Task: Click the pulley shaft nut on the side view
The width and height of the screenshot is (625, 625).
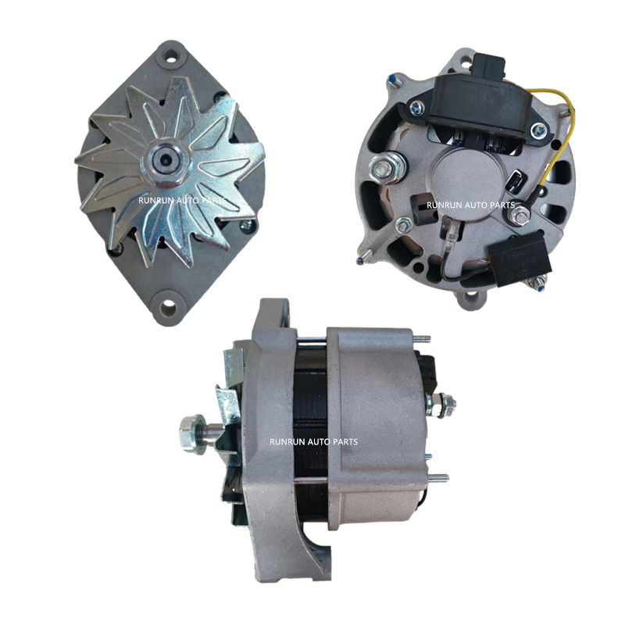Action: point(191,431)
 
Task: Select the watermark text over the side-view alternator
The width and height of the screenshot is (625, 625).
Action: point(313,442)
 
